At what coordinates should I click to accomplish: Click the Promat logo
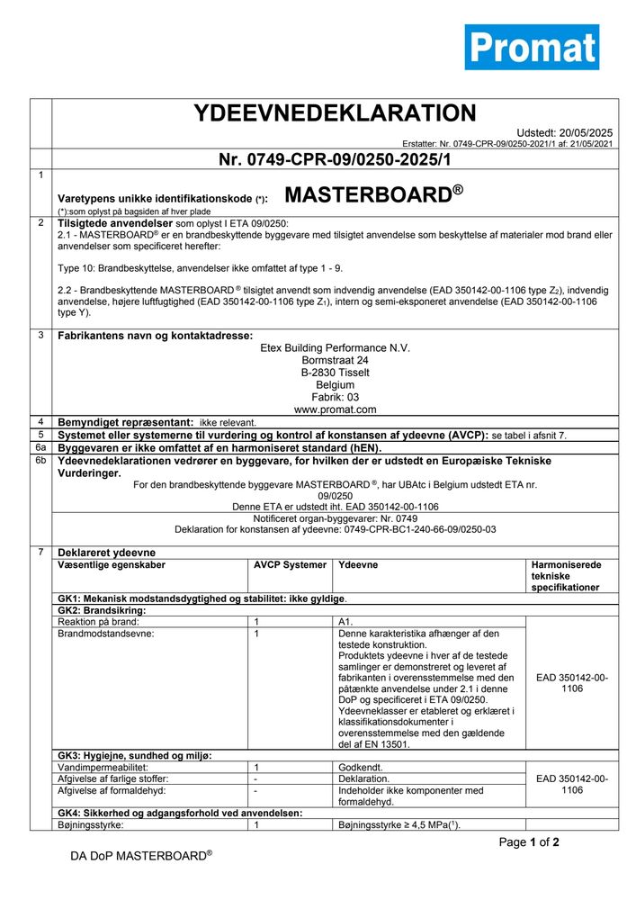pos(531,46)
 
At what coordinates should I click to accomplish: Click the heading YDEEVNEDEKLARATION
pos(335,113)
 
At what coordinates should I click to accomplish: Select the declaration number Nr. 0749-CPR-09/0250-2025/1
pos(334,160)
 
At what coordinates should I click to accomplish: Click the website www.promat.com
pos(335,409)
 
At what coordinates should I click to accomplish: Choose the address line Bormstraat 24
pos(335,360)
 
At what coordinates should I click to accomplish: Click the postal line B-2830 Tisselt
pos(335,373)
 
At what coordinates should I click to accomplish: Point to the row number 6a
pos(40,446)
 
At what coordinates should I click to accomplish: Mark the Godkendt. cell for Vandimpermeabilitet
pos(363,766)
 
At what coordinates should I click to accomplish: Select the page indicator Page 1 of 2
pos(529,842)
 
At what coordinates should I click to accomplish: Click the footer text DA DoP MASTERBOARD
pos(141,855)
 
